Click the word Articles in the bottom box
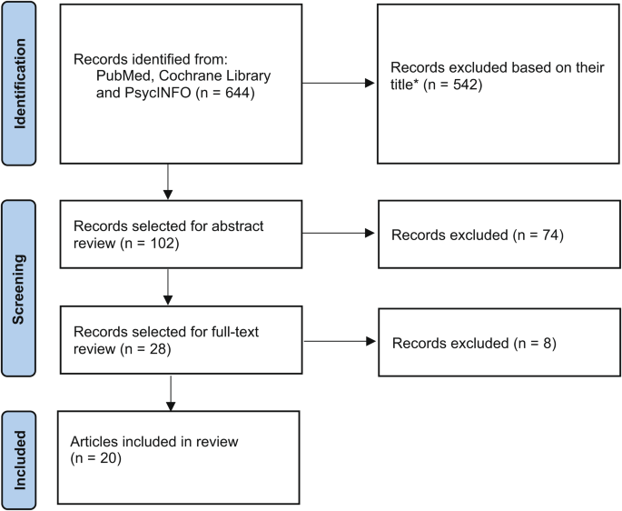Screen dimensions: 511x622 (x=93, y=442)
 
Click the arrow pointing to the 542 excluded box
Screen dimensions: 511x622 (x=369, y=84)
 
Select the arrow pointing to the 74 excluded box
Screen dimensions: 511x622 (x=369, y=235)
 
